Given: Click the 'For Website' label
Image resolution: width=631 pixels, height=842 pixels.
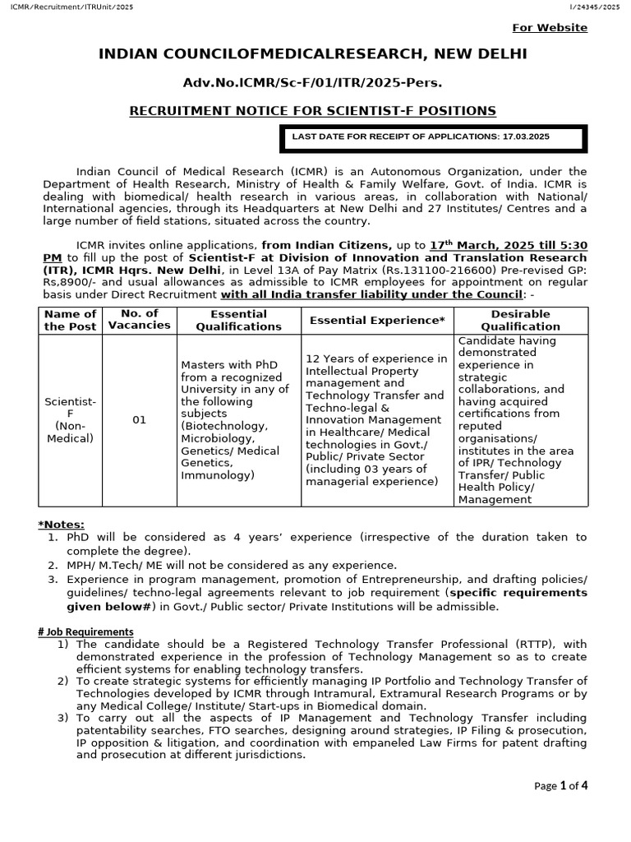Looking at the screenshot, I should [x=550, y=28].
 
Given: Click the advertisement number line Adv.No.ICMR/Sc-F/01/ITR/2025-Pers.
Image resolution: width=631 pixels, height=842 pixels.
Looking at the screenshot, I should [x=313, y=83].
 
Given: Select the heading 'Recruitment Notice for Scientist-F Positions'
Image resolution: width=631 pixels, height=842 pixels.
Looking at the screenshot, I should [x=313, y=110].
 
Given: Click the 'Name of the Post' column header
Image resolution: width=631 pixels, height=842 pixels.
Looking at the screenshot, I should [x=70, y=320].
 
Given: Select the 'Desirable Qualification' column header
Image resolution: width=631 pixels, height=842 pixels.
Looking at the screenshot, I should [x=521, y=320].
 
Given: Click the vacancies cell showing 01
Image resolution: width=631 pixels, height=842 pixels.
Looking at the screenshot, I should [x=140, y=420].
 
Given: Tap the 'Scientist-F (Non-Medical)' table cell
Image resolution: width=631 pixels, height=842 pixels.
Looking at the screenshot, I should [x=70, y=419].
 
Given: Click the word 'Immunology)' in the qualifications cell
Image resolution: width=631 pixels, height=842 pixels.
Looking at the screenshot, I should [x=218, y=475].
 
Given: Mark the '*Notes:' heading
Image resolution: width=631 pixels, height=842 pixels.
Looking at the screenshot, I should [x=61, y=525].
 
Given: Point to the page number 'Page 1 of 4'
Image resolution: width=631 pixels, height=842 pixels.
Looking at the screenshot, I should [x=561, y=785].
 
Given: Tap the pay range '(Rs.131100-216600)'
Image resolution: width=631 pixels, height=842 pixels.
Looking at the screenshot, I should [x=442, y=270].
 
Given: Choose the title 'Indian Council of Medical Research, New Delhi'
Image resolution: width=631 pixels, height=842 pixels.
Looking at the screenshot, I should [x=313, y=54].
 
